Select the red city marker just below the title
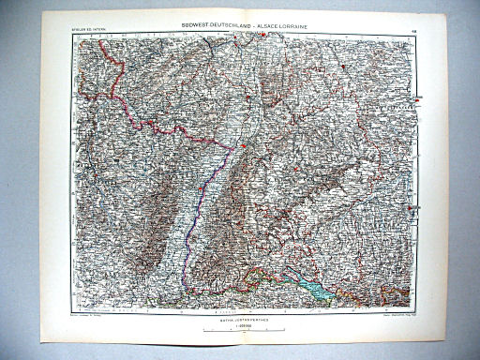click(264, 37)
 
